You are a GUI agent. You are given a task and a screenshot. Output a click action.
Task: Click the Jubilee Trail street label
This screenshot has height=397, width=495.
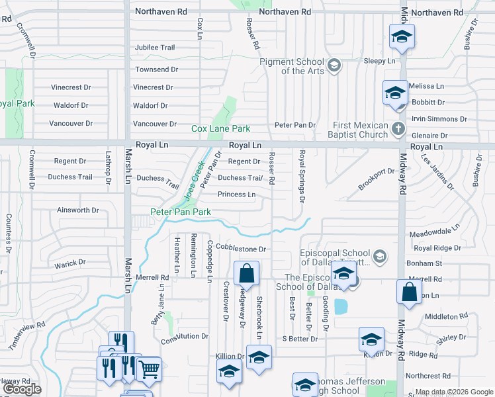pos(155,48)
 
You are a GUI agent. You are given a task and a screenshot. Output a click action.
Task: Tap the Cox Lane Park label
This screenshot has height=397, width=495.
pos(221,128)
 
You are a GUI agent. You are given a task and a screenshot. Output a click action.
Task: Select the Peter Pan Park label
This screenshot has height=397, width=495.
pos(181,212)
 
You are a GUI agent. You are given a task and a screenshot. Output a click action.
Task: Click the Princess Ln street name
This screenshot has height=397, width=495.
pos(236,195)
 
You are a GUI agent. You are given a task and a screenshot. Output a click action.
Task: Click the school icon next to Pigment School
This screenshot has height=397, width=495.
pos(335,65)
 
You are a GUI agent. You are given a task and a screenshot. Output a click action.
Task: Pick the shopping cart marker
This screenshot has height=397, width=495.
pos(149,369)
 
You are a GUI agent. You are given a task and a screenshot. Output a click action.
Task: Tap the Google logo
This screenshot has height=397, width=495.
pos(21,389)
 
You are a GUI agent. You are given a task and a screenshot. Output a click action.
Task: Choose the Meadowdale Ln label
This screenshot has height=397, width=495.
pos(434,232)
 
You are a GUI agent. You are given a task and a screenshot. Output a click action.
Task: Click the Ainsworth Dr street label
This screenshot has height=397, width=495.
pos(78,210)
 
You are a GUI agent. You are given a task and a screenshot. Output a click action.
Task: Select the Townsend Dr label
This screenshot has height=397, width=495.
pos(157,69)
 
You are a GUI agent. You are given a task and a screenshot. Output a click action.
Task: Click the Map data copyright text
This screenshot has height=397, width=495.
pos(453,392)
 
